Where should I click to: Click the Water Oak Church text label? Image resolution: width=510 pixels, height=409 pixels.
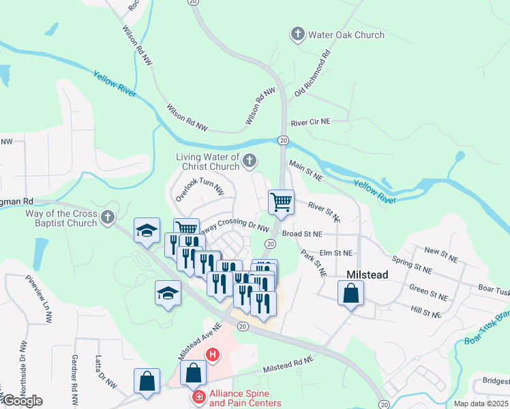pos(346,35)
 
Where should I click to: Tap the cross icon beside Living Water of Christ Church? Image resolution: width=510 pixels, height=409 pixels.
pos(250,161)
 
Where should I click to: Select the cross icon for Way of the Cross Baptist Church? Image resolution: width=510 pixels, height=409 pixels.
pos(107,217)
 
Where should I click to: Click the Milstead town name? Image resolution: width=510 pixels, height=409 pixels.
pos(367,275)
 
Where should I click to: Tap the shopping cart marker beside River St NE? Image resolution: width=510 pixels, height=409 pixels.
pos(281,202)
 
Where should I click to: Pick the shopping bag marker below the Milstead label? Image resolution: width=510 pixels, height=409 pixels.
pos(350,294)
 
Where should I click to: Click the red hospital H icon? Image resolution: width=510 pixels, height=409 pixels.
pos(213,354)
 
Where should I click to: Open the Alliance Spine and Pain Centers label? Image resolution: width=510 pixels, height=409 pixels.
pos(245,398)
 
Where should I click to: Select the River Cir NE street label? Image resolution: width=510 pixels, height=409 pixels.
pos(310,123)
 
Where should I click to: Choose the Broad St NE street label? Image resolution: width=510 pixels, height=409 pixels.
pos(301,234)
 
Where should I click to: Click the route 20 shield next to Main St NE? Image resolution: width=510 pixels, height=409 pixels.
pos(282,140)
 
